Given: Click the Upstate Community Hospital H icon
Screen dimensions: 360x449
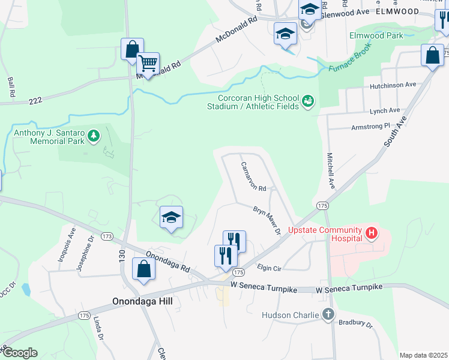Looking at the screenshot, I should pyautogui.click(x=372, y=232).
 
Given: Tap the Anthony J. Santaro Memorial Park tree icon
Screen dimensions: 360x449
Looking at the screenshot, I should pyautogui.click(x=93, y=137).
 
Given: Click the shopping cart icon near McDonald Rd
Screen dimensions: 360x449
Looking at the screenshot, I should pyautogui.click(x=148, y=62).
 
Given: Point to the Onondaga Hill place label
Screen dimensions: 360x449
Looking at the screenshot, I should pyautogui.click(x=142, y=302).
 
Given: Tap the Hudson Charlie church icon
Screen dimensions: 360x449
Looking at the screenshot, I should pyautogui.click(x=328, y=314).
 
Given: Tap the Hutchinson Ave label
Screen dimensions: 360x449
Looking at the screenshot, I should pyautogui.click(x=393, y=85).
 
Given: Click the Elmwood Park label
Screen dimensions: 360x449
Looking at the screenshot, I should pyautogui.click(x=376, y=35).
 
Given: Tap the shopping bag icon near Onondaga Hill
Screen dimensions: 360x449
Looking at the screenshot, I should pyautogui.click(x=144, y=270).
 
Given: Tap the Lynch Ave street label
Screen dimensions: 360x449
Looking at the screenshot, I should pyautogui.click(x=385, y=110).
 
